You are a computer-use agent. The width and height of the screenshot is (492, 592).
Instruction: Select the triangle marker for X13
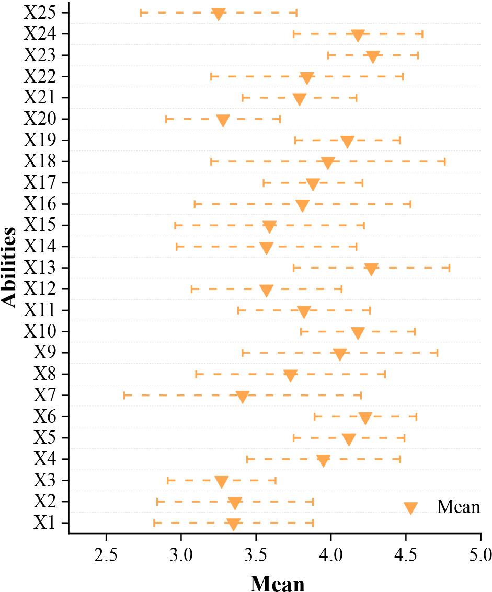371,269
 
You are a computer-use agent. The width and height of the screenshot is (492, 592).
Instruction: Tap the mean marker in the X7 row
242,397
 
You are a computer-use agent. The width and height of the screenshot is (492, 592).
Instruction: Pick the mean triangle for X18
328,162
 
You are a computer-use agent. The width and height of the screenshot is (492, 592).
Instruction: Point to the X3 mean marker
222,482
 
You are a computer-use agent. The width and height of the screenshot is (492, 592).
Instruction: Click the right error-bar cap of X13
449,268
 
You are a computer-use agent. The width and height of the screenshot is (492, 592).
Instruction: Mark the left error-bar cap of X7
124,396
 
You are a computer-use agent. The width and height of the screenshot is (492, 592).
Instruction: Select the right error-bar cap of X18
445,161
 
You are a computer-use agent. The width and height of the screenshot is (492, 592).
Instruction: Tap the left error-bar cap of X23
328,55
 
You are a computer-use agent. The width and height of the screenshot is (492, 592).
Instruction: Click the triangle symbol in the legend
410,508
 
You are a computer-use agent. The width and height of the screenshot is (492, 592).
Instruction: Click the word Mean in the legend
459,507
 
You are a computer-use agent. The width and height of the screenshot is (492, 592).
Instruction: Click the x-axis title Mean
277,582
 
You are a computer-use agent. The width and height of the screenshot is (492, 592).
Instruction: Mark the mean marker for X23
372,56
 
